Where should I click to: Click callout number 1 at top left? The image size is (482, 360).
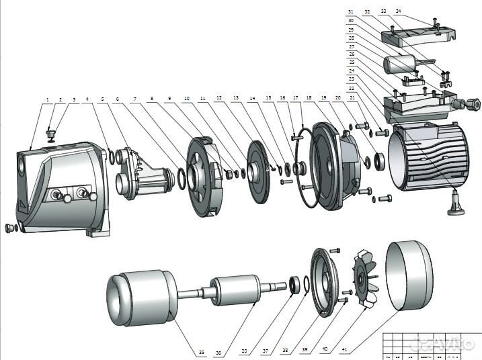48,99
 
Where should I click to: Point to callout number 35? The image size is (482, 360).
201,353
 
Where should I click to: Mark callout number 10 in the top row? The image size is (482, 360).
186,98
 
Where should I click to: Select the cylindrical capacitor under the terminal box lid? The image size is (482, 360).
401,66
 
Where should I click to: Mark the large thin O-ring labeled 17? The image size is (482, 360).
302,168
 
